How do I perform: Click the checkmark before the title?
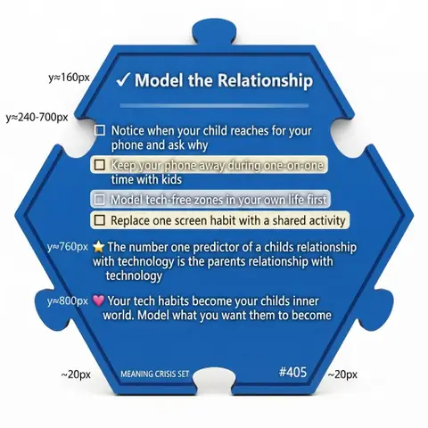122,80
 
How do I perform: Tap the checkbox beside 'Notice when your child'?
100,130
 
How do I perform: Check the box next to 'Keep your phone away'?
100,165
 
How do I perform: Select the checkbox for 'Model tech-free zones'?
100,200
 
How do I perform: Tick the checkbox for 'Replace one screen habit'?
100,220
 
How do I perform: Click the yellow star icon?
98,247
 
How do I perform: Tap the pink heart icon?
98,300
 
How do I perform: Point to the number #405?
292,372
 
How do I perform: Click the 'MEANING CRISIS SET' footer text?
155,374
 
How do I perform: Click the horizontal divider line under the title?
214,105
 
